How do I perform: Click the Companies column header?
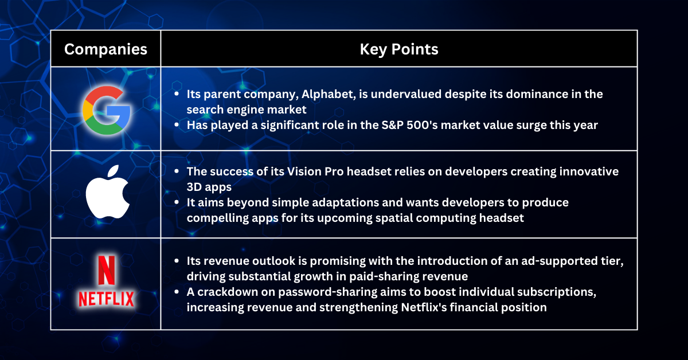(x=105, y=49)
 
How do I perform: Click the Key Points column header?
(x=399, y=49)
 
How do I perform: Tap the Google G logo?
(x=107, y=110)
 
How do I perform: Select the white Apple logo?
(x=108, y=191)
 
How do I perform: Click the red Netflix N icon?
(x=106, y=271)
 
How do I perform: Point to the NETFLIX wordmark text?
(x=106, y=299)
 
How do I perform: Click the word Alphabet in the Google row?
(x=329, y=94)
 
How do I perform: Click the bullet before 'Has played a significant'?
(x=177, y=125)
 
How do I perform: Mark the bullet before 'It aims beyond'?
(x=177, y=202)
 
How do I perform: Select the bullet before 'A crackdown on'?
(x=177, y=292)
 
